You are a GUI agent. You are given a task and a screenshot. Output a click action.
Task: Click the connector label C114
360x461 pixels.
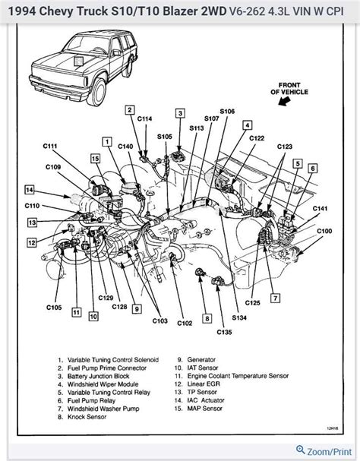(145, 118)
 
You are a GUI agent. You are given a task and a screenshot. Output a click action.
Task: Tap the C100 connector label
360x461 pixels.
(324, 230)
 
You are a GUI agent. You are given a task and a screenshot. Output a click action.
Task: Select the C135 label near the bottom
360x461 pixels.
(223, 332)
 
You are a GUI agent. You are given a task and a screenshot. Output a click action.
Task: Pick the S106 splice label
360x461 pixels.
(227, 112)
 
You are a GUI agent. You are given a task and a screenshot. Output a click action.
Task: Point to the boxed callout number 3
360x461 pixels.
(180, 113)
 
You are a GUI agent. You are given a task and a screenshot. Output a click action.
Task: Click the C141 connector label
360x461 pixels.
(322, 208)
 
